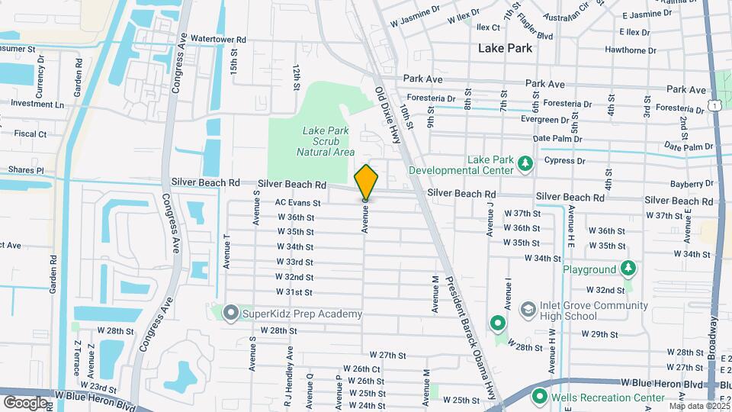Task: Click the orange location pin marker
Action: point(366,182)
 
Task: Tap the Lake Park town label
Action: point(504,47)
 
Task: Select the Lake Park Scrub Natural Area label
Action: point(326,141)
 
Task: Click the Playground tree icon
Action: point(628,269)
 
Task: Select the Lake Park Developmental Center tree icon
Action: point(525,163)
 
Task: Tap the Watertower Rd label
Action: point(218,39)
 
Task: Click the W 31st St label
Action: point(294,292)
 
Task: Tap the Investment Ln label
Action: point(37,104)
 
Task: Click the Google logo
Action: point(25,402)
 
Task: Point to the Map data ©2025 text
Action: point(698,406)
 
